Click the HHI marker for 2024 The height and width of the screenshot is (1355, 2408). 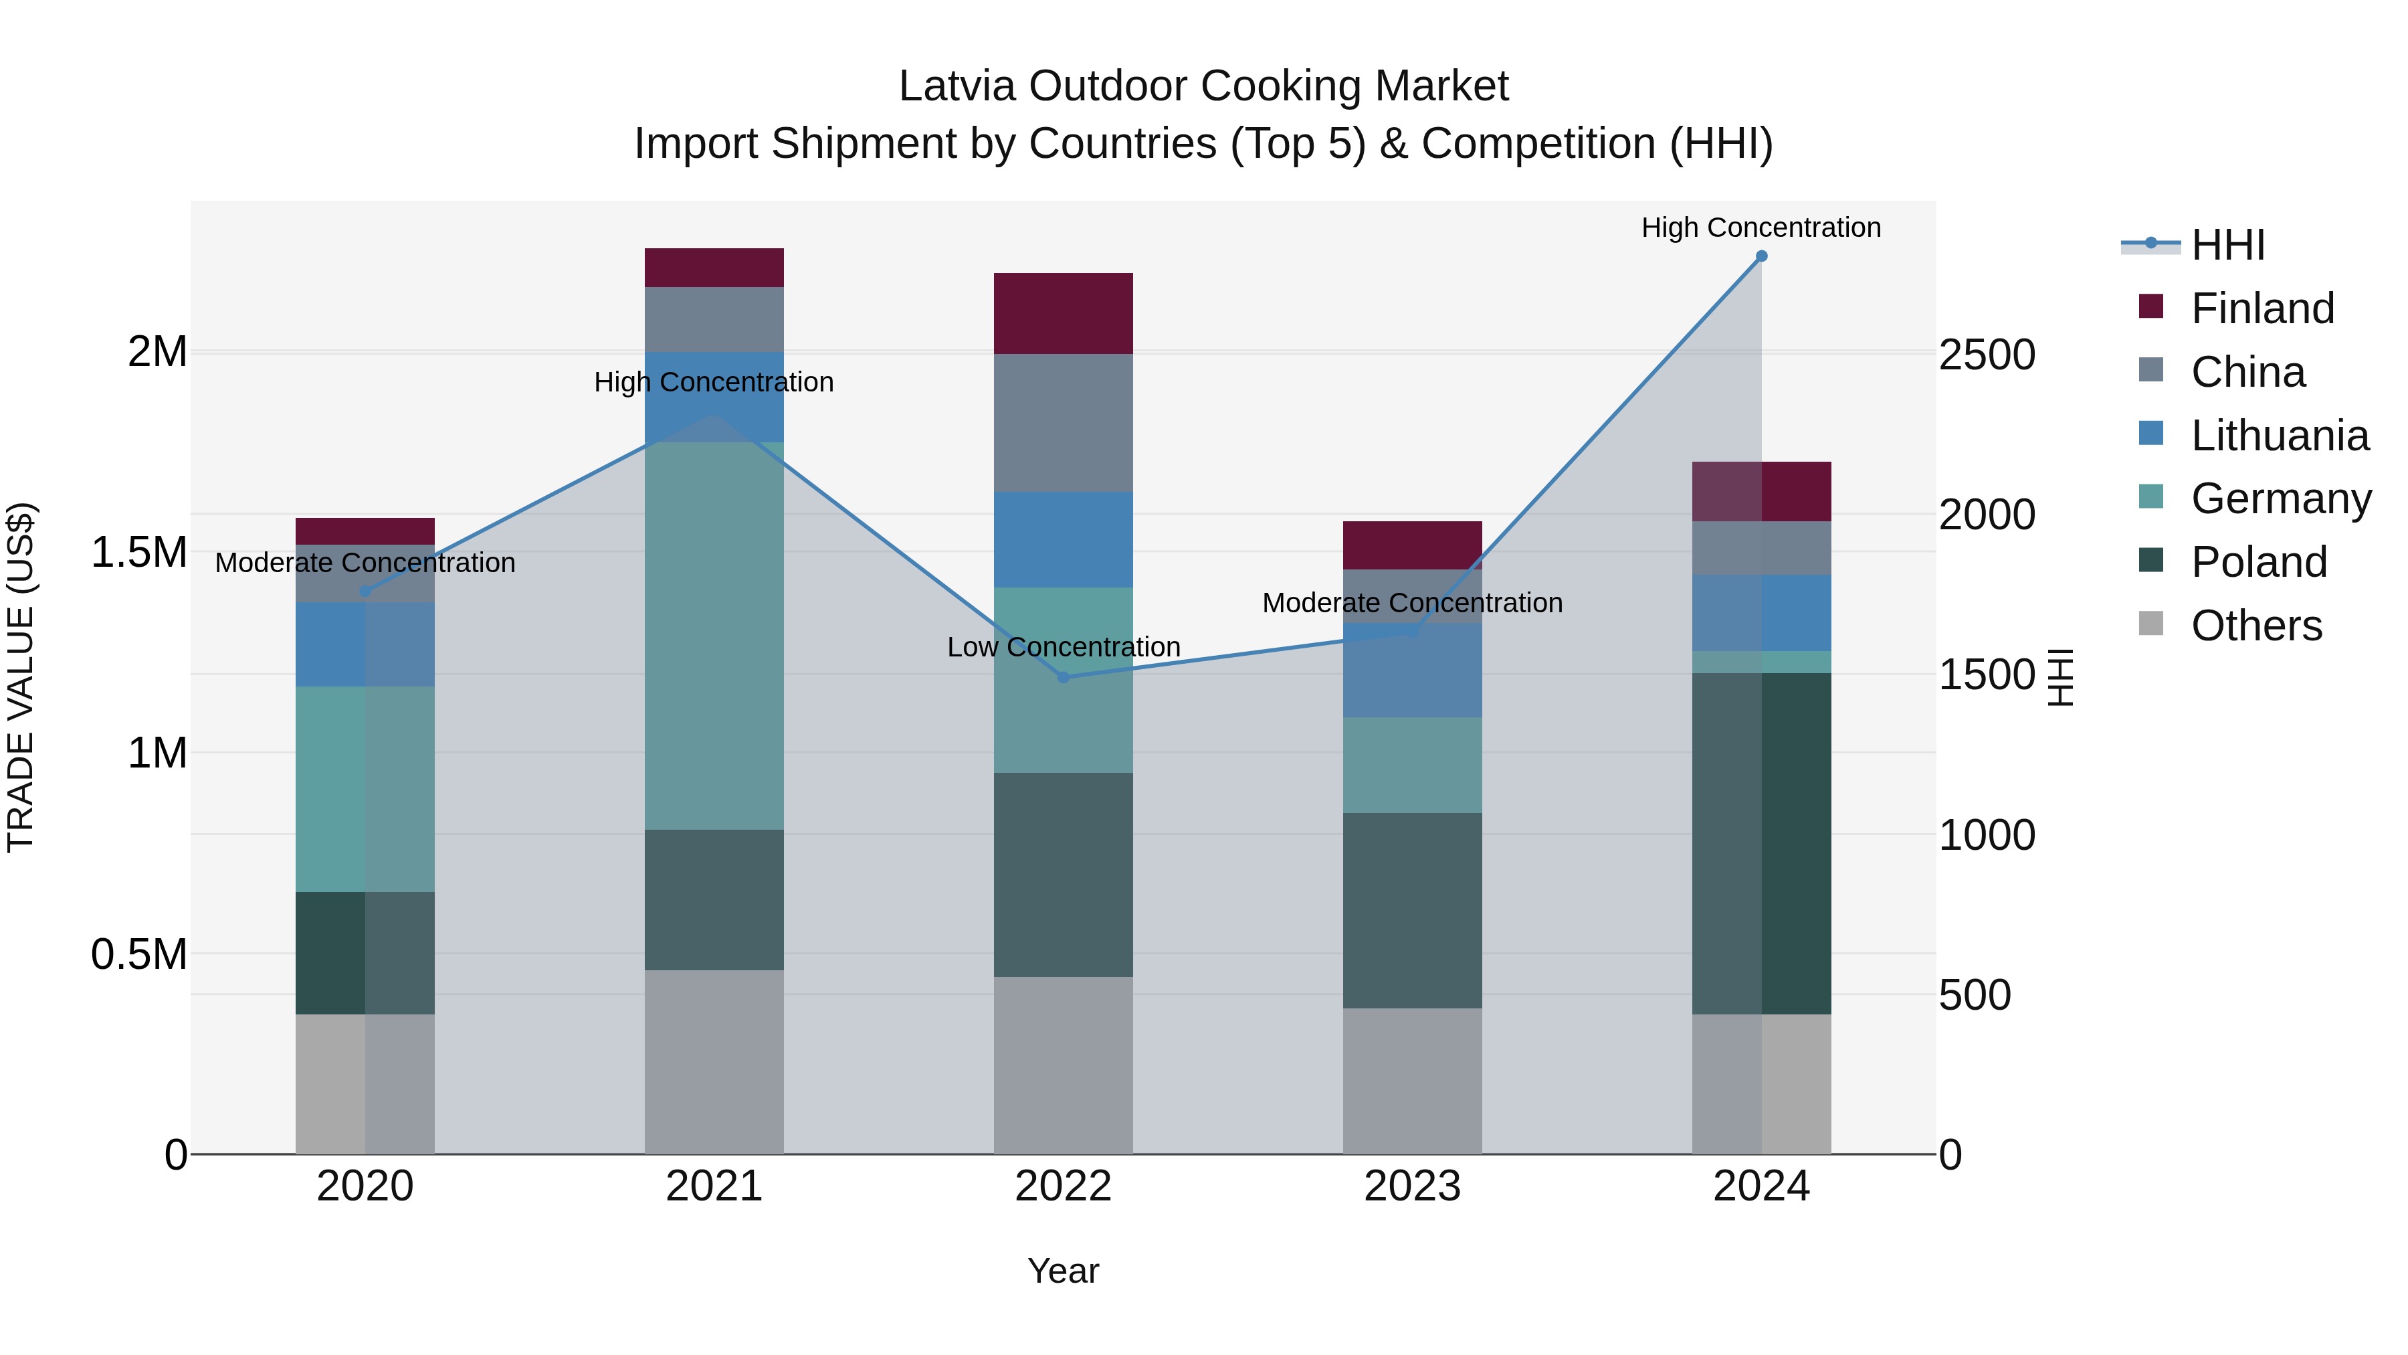point(1761,256)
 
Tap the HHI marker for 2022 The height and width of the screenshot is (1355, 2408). point(1063,677)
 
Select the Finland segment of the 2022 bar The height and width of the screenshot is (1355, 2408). point(1063,313)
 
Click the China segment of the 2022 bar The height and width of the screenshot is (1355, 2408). point(1063,423)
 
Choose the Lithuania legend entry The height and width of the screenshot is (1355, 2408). point(2279,436)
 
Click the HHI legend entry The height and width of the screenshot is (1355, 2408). point(2227,245)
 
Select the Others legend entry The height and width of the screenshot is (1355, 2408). point(2255,626)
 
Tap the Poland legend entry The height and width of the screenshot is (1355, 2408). point(2258,562)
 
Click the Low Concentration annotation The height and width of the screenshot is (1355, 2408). point(1063,647)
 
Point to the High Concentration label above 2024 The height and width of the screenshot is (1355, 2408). point(1761,228)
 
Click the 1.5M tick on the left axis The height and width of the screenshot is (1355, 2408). point(138,553)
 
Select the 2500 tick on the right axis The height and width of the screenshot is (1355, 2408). point(1987,355)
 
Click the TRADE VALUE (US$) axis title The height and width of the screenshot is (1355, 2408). point(21,677)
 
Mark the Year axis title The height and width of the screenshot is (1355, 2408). point(1063,1271)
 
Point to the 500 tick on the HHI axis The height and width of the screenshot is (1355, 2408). point(1975,995)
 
